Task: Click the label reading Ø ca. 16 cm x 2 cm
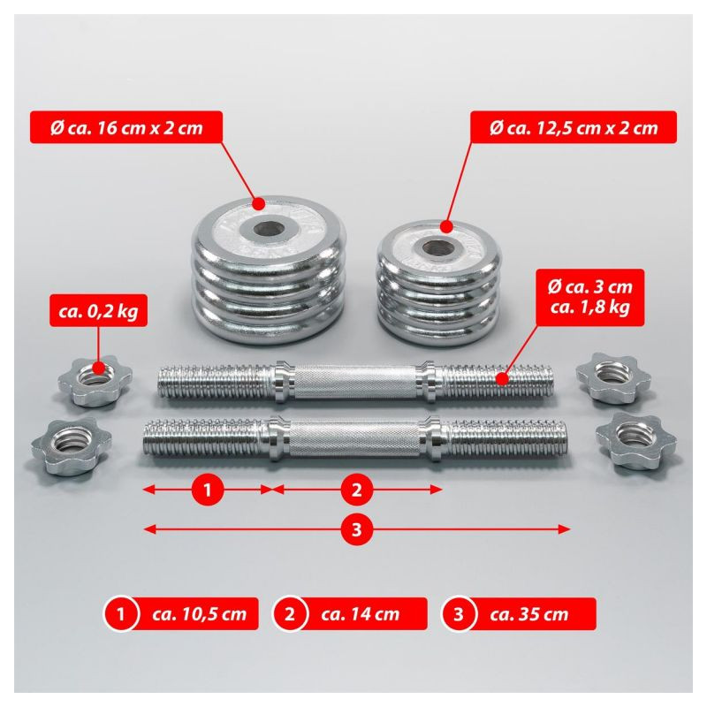126,127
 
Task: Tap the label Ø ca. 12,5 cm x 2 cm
574,127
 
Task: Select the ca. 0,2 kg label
98,311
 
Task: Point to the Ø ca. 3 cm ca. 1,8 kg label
589,297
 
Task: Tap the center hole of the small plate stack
437,247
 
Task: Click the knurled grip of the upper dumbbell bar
356,383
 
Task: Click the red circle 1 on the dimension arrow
208,490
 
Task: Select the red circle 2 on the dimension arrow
357,490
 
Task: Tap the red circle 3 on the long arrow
357,528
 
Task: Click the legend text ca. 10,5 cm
200,613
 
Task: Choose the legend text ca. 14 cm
361,613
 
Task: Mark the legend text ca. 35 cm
529,613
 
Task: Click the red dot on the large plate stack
258,204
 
